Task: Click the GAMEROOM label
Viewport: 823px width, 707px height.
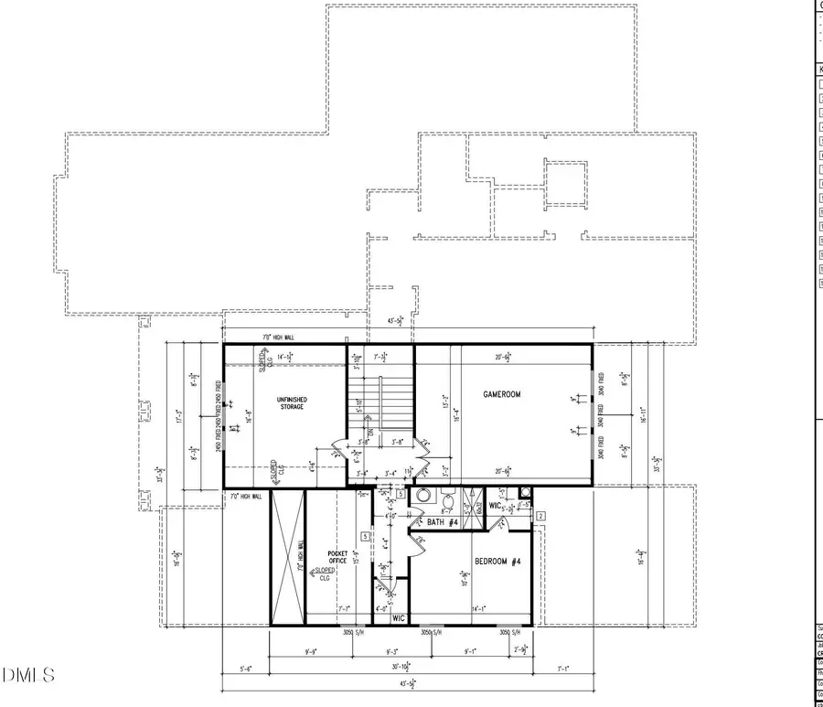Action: click(502, 394)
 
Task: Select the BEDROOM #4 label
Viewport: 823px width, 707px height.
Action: click(497, 561)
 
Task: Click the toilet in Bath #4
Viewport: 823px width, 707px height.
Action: click(448, 500)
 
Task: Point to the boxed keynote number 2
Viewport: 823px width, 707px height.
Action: click(540, 517)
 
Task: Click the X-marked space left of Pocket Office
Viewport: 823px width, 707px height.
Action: click(287, 558)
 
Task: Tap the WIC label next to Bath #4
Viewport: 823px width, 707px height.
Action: click(495, 505)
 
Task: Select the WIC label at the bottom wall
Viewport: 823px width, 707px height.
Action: click(399, 618)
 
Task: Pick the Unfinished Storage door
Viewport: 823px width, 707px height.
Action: click(340, 450)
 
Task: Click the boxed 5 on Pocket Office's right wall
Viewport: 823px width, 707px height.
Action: click(365, 536)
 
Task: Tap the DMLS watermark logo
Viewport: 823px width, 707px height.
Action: click(28, 676)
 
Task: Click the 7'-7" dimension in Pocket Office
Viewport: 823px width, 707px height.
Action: click(344, 608)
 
